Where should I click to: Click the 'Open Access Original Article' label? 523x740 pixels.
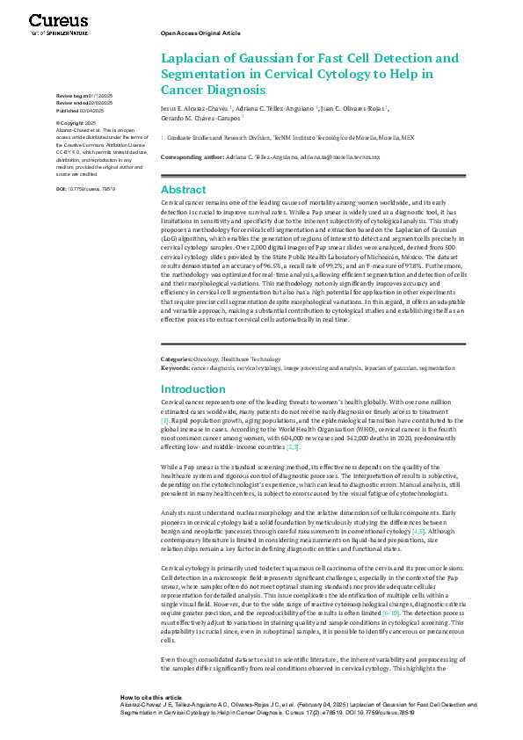[200, 32]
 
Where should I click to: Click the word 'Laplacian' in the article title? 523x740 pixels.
[192, 59]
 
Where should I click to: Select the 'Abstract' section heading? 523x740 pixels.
[184, 190]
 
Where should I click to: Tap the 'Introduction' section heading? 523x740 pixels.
[192, 389]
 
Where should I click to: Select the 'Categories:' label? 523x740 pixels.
[177, 359]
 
